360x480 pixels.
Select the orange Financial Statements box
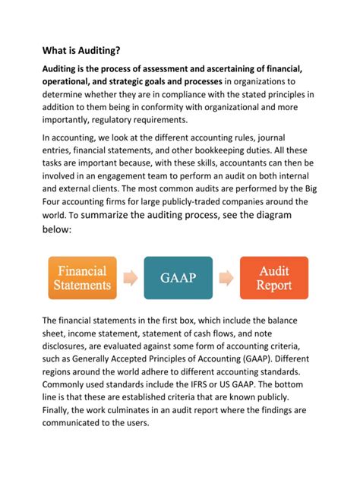(x=81, y=278)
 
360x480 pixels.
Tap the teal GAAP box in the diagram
(x=179, y=278)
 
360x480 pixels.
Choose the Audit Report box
(x=274, y=278)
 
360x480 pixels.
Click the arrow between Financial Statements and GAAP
(x=131, y=278)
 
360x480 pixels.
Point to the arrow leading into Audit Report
(x=226, y=278)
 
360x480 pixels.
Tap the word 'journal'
(x=289, y=138)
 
